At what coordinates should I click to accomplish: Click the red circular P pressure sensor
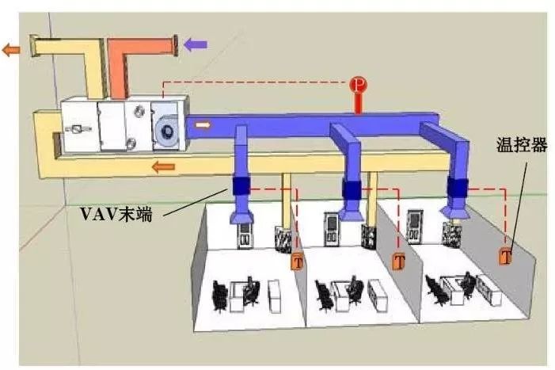coord(359,84)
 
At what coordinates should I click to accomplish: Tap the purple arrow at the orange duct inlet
coord(195,44)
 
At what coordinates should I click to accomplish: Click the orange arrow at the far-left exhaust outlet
coord(11,50)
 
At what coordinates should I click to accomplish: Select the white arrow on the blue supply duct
coord(203,124)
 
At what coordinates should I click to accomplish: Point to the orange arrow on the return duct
coord(164,166)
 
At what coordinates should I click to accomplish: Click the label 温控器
coord(518,148)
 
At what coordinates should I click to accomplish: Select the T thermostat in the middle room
coord(399,261)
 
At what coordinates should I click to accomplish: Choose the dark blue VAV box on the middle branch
coord(351,189)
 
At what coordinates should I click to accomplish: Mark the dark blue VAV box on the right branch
coord(456,187)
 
